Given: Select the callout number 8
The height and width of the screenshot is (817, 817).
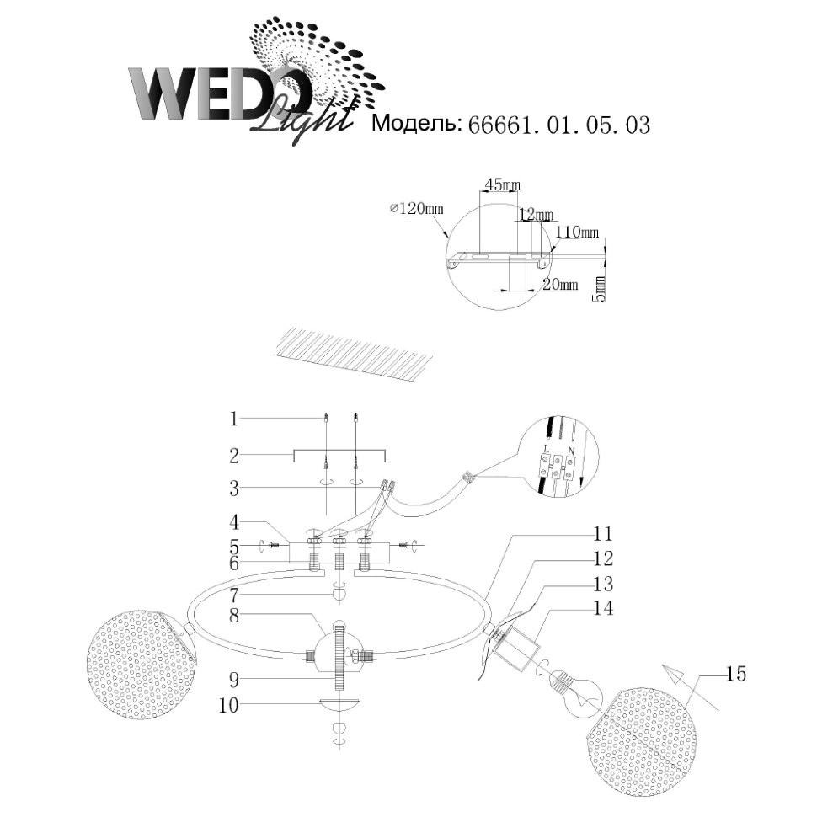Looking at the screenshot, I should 236,616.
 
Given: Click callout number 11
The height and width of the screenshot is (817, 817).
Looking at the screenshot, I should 603,534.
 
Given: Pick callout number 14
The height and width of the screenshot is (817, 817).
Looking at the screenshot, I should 603,607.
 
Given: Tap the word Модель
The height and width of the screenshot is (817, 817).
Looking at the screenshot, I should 416,125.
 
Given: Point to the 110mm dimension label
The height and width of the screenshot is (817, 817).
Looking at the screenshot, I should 581,232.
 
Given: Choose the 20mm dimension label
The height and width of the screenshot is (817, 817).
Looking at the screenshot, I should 560,286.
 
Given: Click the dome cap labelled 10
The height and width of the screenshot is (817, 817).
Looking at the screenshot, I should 339,704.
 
